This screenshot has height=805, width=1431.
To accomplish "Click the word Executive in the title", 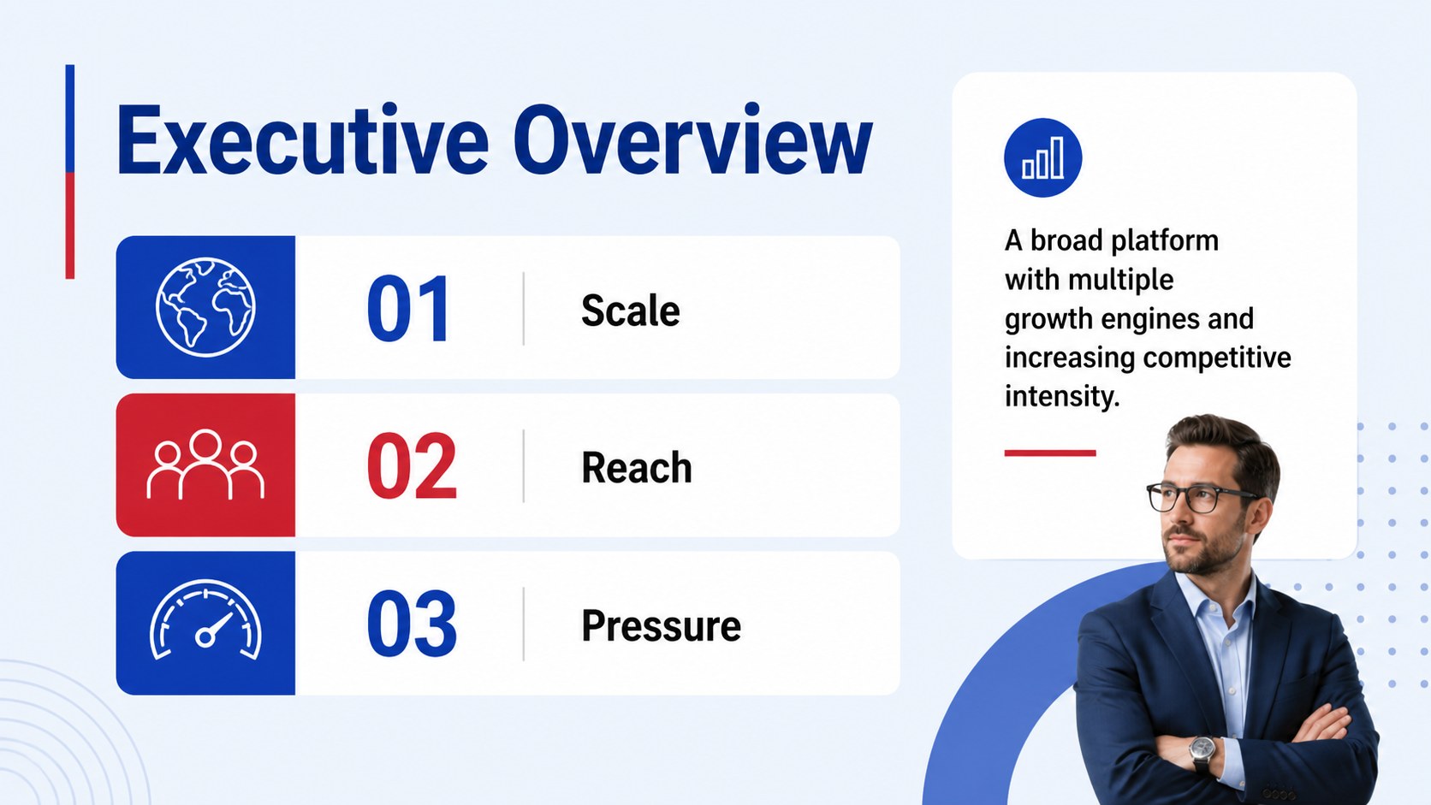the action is tap(301, 139).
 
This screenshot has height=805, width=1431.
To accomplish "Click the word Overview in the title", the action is tap(692, 139).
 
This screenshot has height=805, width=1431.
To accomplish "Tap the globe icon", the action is tap(205, 307).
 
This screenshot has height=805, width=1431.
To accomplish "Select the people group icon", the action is tap(205, 465).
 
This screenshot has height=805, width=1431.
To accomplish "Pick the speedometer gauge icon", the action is tap(205, 620).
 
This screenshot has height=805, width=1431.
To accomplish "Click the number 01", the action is tap(408, 309).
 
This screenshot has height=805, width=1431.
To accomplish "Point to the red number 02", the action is tap(412, 465).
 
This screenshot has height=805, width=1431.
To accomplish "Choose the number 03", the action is tap(412, 623).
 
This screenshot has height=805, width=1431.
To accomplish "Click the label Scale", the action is tap(630, 311).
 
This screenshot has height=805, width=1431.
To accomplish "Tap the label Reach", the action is tap(636, 467).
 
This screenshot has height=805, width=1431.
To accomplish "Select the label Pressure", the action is tap(662, 625).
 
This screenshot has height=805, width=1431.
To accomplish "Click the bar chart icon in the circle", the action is tap(1042, 157).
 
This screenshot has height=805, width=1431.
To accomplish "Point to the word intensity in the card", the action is tap(1062, 396).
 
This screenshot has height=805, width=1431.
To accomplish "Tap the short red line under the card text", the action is tap(1049, 453).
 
